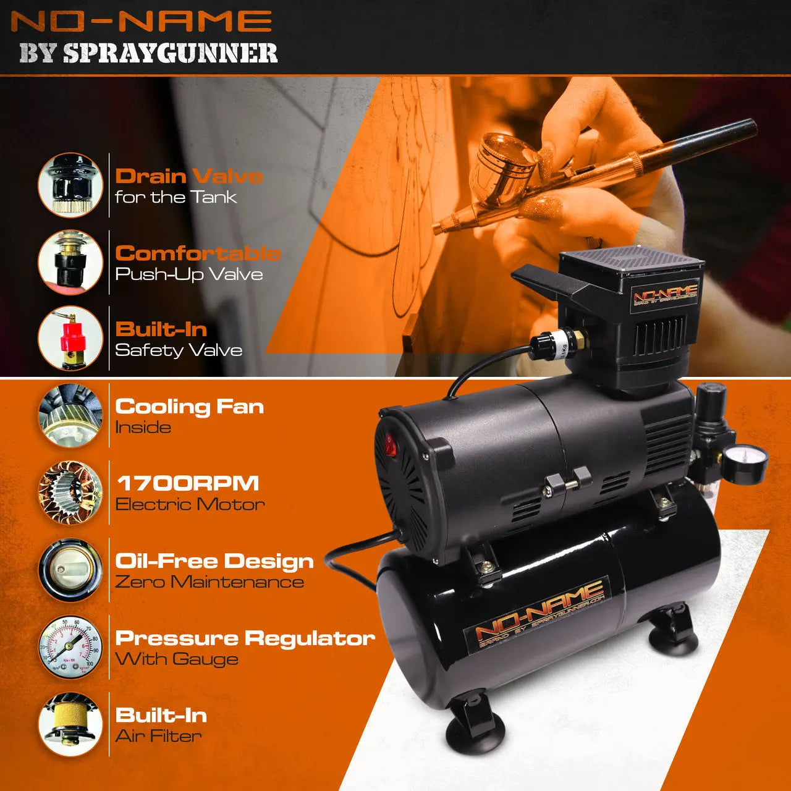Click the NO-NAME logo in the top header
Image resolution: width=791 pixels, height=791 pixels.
(142, 21)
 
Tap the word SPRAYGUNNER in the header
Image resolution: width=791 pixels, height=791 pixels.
(170, 53)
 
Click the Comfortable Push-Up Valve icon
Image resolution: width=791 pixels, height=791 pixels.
(70, 262)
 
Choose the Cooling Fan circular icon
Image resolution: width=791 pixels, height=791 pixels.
(70, 415)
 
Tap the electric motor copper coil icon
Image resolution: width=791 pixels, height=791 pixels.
(70, 493)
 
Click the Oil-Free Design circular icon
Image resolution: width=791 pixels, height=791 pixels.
(70, 570)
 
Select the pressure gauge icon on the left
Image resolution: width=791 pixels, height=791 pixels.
(70, 646)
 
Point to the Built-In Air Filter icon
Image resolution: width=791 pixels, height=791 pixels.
(70, 724)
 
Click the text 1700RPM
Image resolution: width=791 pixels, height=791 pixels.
(187, 483)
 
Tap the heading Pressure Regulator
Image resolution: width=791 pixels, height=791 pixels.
(245, 638)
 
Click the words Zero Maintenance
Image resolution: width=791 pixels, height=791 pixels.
(209, 582)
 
